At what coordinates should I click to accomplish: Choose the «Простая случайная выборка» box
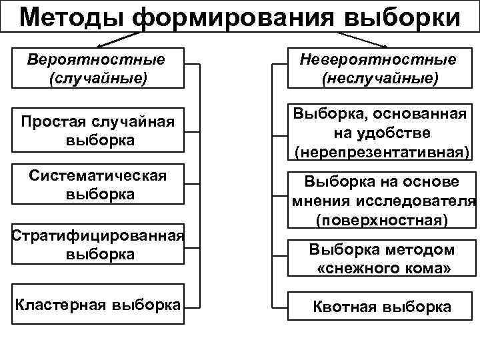click(x=97, y=131)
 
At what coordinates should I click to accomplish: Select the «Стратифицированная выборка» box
click(x=97, y=245)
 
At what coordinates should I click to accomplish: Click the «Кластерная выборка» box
click(x=97, y=306)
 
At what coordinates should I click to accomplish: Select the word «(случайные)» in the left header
click(x=97, y=79)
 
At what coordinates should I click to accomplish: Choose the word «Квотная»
click(x=345, y=307)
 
